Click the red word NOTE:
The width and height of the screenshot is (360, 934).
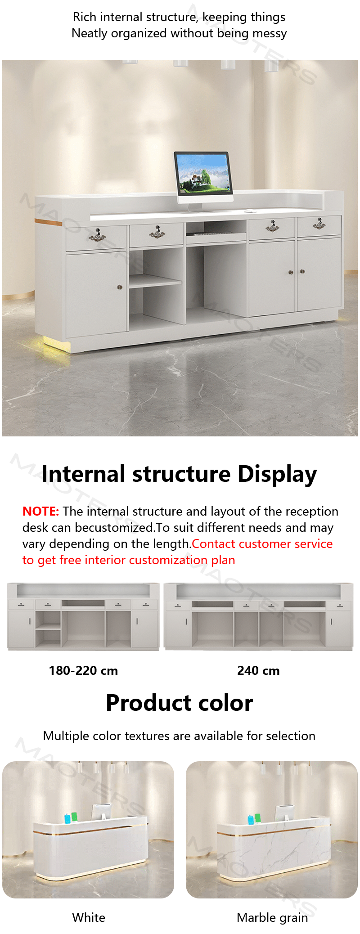pyautogui.click(x=40, y=512)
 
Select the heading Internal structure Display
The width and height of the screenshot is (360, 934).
pyautogui.click(x=179, y=474)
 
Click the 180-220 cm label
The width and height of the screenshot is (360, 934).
pyautogui.click(x=83, y=671)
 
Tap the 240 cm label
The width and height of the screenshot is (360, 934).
pyautogui.click(x=258, y=671)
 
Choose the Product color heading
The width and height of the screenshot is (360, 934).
pyautogui.click(x=179, y=703)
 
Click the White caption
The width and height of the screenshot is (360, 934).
pyautogui.click(x=89, y=918)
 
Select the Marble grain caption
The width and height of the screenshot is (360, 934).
pyautogui.click(x=272, y=918)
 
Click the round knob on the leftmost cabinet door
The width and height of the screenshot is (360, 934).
pyautogui.click(x=120, y=287)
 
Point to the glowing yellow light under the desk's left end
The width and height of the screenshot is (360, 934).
pyautogui.click(x=57, y=345)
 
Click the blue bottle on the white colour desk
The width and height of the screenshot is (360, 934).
pyautogui.click(x=67, y=818)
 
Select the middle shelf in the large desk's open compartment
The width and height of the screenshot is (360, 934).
pyautogui.click(x=155, y=282)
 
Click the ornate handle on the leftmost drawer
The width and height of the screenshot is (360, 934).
pyautogui.click(x=97, y=235)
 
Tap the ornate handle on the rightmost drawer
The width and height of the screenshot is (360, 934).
pyautogui.click(x=319, y=223)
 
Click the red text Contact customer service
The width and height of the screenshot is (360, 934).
pyautogui.click(x=262, y=544)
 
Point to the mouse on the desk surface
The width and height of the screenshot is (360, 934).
pyautogui.click(x=249, y=211)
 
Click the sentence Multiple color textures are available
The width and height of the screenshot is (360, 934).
pyautogui.click(x=179, y=736)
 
